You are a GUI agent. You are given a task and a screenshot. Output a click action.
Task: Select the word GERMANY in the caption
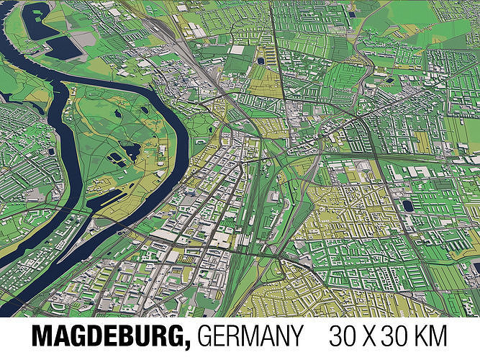(249, 337)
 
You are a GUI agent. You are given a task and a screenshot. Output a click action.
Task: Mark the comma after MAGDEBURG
(189, 345)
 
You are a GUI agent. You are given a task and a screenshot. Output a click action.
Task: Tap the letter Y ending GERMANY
(296, 337)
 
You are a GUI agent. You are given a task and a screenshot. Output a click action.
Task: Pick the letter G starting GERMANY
(204, 337)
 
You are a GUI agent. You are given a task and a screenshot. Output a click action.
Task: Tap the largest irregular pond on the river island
(130, 151)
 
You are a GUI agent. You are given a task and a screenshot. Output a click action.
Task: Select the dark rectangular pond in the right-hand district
(408, 205)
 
